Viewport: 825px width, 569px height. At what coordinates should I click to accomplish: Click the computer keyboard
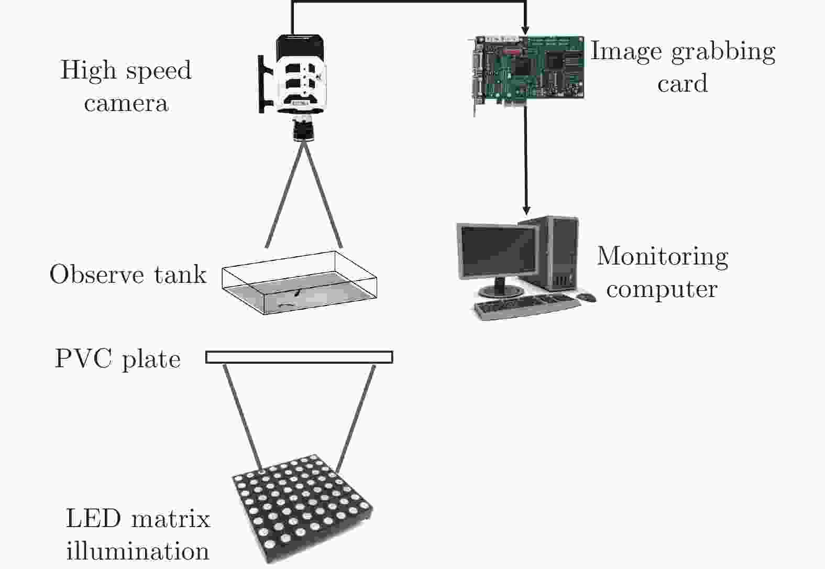click(x=526, y=307)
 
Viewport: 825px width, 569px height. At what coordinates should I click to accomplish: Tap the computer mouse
click(x=586, y=298)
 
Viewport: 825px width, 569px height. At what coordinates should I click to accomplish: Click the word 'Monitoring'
click(x=663, y=256)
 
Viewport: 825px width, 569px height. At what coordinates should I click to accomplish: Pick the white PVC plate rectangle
click(x=299, y=357)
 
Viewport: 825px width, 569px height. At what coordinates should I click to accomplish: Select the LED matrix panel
click(x=302, y=506)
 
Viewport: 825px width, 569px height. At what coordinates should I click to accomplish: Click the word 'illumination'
click(x=138, y=551)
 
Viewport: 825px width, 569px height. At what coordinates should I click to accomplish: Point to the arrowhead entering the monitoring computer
click(x=526, y=210)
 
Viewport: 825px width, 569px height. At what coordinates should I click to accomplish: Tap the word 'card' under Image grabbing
click(x=682, y=84)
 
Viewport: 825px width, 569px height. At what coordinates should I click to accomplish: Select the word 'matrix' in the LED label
click(x=170, y=519)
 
